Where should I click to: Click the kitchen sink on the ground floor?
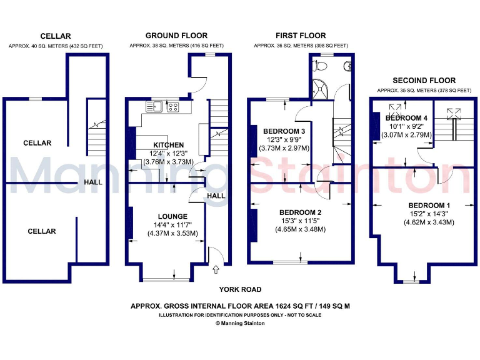(x=154, y=106)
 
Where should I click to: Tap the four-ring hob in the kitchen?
(x=172, y=106)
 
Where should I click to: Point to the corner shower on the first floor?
(x=321, y=90)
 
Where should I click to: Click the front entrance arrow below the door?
(x=216, y=270)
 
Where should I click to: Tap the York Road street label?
(x=240, y=289)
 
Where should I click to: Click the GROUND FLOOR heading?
(x=176, y=36)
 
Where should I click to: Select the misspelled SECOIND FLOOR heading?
(x=424, y=81)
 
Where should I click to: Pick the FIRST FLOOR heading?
(x=301, y=36)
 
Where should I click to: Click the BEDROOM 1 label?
(x=429, y=206)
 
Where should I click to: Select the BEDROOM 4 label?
(x=407, y=118)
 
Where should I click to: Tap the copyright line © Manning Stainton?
(x=240, y=323)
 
